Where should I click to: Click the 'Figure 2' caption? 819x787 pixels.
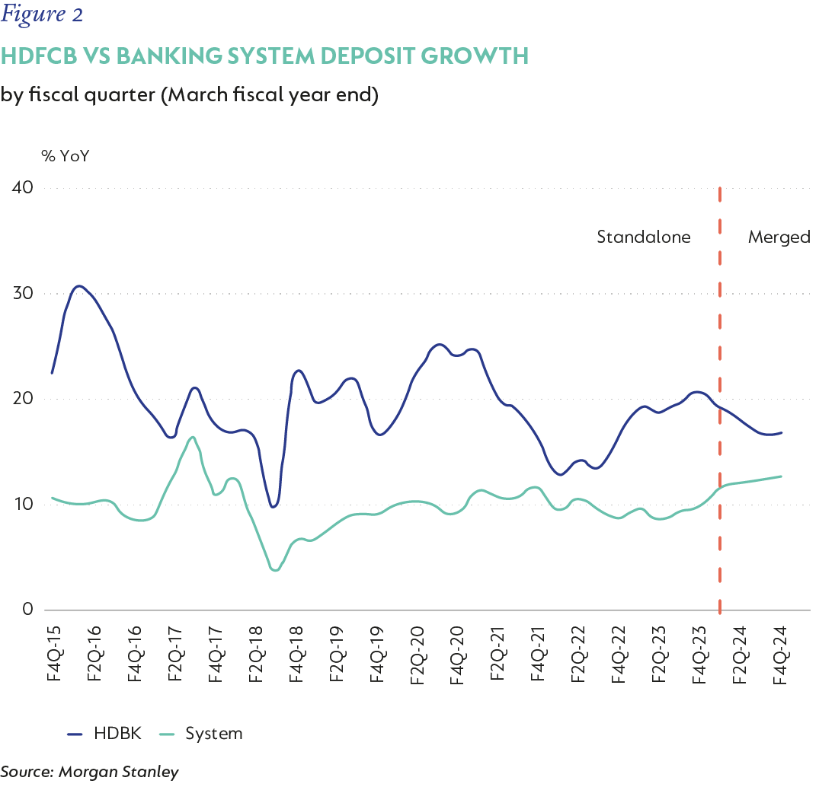(x=42, y=14)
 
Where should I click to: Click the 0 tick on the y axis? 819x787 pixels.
(x=28, y=610)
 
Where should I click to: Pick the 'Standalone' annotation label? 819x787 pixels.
(x=643, y=237)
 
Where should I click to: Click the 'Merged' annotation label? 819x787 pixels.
(x=779, y=237)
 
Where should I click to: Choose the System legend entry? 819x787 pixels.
(x=214, y=734)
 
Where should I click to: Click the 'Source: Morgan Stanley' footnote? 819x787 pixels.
(x=89, y=772)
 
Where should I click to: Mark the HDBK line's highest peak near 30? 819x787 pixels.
(x=79, y=286)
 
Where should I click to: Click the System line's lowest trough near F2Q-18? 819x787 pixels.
(x=275, y=570)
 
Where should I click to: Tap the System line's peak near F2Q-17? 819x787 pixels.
(x=192, y=437)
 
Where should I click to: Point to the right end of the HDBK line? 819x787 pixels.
(x=782, y=432)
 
